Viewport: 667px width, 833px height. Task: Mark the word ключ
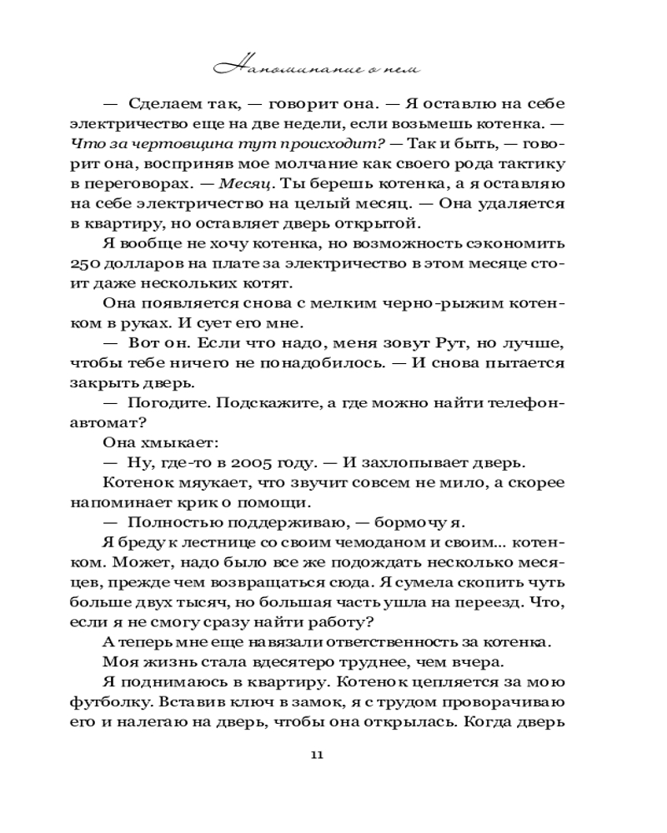(245, 701)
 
